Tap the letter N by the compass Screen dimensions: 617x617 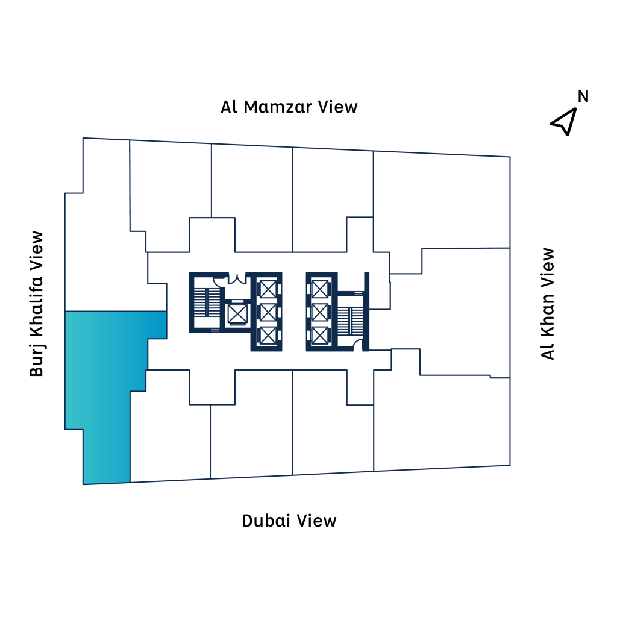point(583,96)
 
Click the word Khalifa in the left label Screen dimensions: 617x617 point(36,307)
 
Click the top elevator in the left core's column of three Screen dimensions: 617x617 point(268,290)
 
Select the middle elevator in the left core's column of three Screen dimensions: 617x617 point(268,313)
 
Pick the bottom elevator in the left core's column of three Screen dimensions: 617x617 point(268,336)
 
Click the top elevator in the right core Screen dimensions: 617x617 point(319,290)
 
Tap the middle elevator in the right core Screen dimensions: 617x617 point(319,313)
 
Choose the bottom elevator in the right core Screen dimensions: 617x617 point(319,336)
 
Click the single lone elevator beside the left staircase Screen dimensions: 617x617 point(237,314)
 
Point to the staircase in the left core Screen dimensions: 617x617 point(207,302)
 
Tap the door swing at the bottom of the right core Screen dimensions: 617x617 point(357,345)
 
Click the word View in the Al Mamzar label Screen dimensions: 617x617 point(337,107)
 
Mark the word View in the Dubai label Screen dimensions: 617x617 point(316,521)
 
